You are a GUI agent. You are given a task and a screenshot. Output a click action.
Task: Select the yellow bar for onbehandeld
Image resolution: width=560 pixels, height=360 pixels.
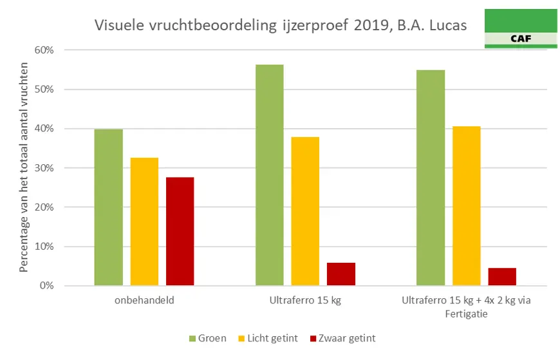(144, 222)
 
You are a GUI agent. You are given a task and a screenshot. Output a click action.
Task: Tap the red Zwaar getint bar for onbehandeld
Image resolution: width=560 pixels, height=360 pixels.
(180, 231)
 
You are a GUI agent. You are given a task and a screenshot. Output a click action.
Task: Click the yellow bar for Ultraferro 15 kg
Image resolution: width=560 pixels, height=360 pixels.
(305, 211)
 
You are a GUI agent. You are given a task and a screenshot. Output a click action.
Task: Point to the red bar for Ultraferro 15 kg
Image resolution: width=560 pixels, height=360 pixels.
(341, 274)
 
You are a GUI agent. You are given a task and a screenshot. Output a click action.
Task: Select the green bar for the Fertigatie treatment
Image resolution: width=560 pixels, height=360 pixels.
(431, 178)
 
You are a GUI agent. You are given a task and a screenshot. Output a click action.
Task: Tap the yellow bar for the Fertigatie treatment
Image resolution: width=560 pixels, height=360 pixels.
(466, 206)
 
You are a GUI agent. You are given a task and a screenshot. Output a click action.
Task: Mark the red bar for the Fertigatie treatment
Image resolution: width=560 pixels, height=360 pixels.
(502, 276)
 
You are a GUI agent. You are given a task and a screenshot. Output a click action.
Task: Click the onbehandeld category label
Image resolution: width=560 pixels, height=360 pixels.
(144, 300)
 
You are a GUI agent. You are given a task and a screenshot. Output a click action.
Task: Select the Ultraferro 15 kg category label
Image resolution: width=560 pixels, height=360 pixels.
(304, 300)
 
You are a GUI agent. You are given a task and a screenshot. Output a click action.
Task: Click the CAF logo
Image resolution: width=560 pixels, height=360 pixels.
(520, 29)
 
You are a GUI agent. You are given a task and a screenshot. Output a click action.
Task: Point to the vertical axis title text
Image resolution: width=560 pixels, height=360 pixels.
(24, 167)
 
